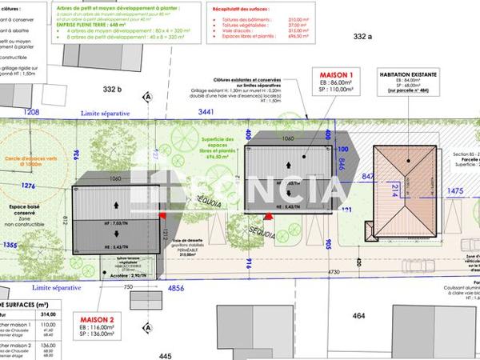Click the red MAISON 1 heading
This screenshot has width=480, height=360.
pyautogui.click(x=336, y=74)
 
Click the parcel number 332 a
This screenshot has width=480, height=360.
pyautogui.click(x=364, y=36)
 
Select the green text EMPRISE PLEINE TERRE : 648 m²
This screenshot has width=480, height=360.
pyautogui.click(x=113, y=24)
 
